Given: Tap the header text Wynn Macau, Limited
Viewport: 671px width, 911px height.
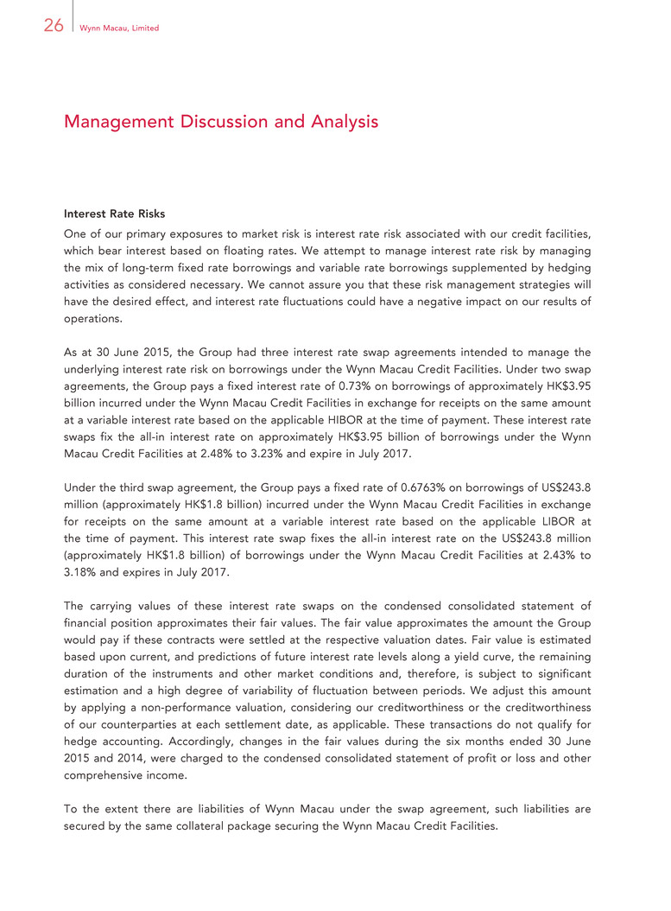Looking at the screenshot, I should coord(118,29).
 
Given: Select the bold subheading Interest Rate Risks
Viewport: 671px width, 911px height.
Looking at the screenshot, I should coord(114,213).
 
